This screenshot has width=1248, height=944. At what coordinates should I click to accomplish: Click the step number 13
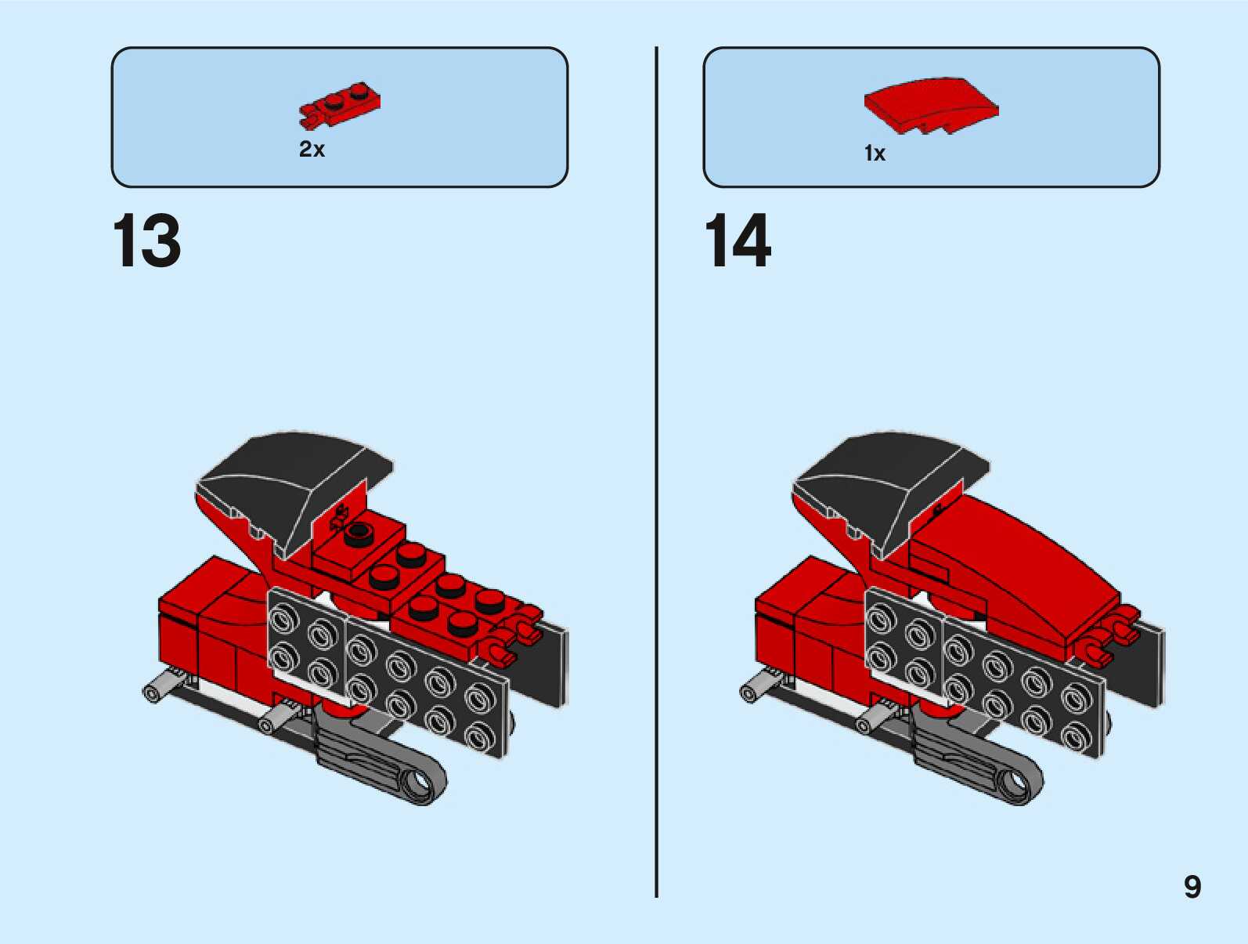pos(147,241)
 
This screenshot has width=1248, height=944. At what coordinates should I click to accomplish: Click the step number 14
pos(738,241)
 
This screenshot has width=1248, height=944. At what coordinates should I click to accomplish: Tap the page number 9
pos(1192,887)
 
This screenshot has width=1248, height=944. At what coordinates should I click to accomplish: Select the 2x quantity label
pos(312,149)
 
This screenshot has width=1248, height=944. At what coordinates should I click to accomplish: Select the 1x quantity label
pos(875,154)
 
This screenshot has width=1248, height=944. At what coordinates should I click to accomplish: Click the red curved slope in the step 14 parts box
pos(930,105)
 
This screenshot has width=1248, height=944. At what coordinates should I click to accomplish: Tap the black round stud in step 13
pos(359,533)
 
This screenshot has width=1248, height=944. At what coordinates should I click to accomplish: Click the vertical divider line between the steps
pos(656,470)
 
